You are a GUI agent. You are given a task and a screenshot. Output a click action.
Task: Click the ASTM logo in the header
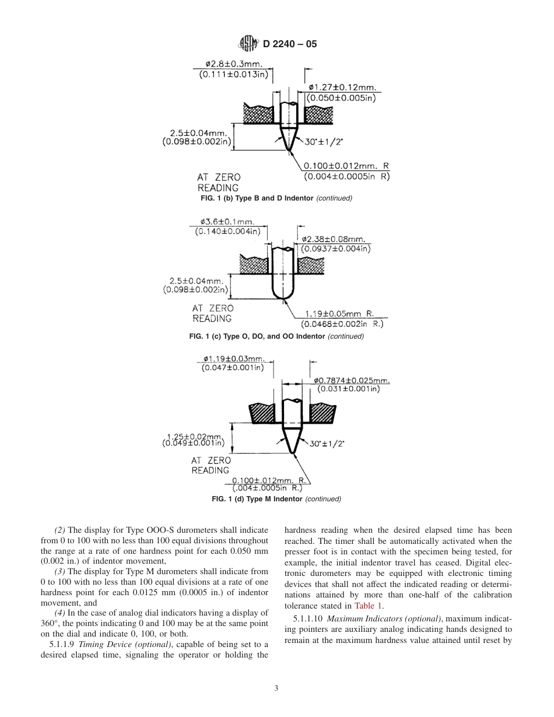[247, 43]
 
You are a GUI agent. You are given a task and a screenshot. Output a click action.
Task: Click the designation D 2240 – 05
[290, 43]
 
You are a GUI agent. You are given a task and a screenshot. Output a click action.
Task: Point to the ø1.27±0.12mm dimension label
[342, 88]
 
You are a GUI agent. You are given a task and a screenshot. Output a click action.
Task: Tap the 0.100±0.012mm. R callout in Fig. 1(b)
[346, 166]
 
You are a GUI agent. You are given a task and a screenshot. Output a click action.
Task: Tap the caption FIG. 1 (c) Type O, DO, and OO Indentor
[276, 336]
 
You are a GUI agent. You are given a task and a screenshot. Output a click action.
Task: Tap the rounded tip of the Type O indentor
[282, 298]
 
